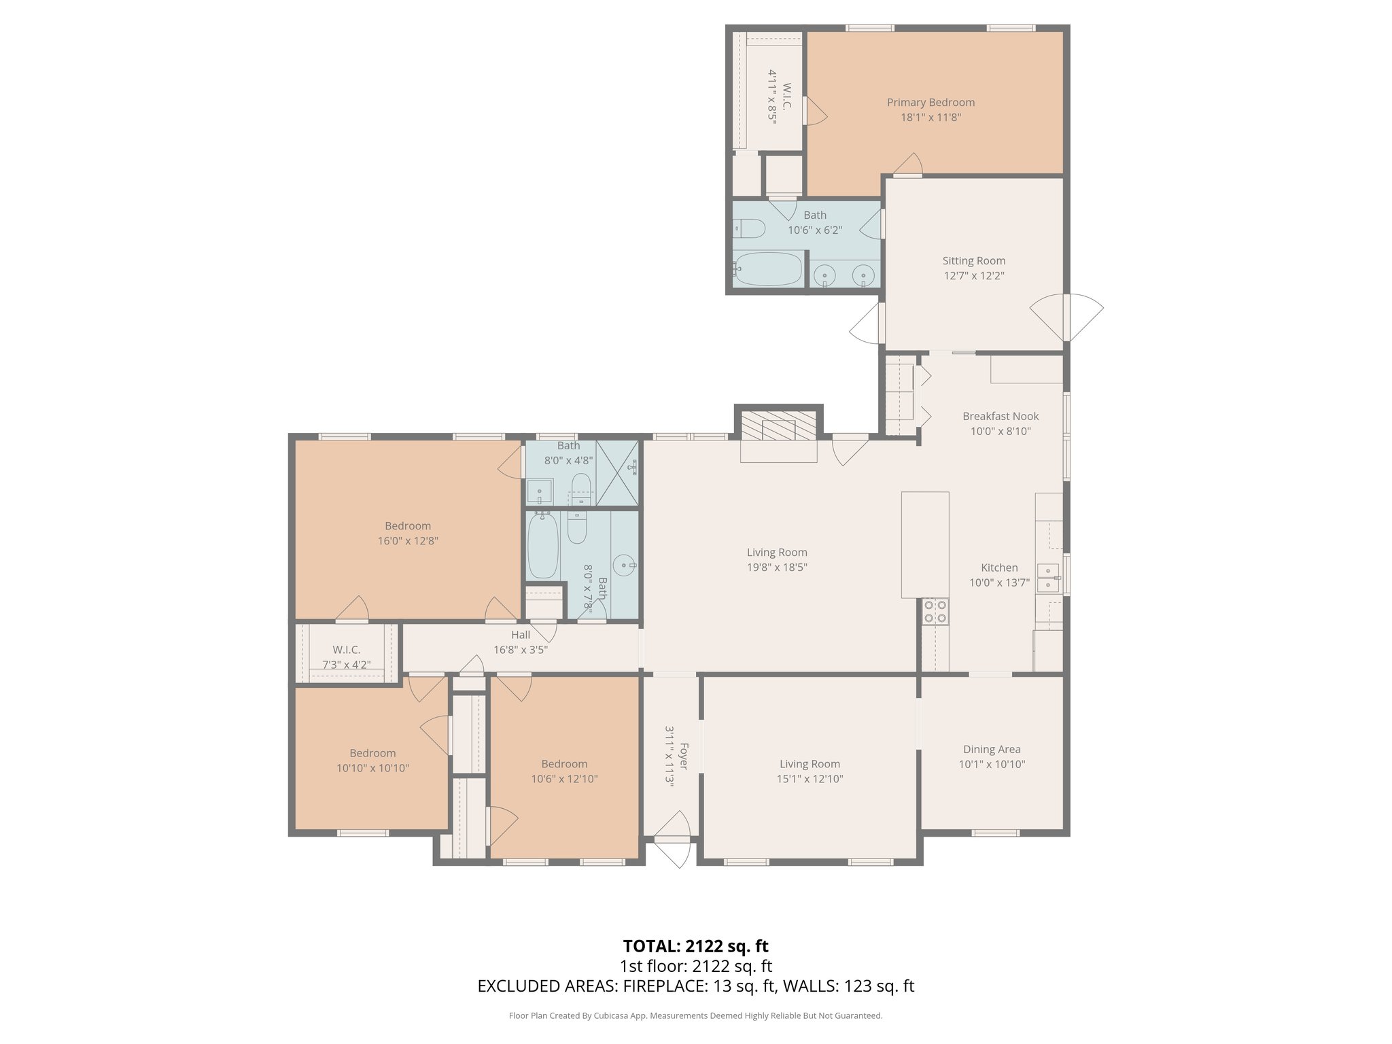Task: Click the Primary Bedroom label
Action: [x=930, y=103]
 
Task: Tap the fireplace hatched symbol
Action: [x=779, y=428]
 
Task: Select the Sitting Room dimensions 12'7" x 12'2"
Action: [x=973, y=276]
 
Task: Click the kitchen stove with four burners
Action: [x=935, y=611]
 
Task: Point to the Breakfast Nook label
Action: [x=1000, y=416]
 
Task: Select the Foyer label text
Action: [x=684, y=756]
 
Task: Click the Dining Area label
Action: [x=992, y=749]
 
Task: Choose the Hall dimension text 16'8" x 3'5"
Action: [x=521, y=650]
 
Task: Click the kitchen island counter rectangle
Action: [x=925, y=544]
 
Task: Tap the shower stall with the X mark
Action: [x=618, y=473]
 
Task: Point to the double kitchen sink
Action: [x=1047, y=577]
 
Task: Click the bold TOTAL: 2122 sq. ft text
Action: [x=695, y=946]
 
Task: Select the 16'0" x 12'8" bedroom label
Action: [x=408, y=526]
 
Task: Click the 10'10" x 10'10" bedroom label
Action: [x=372, y=753]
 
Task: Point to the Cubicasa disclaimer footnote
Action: [x=695, y=1016]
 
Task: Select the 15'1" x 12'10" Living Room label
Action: [x=810, y=764]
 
